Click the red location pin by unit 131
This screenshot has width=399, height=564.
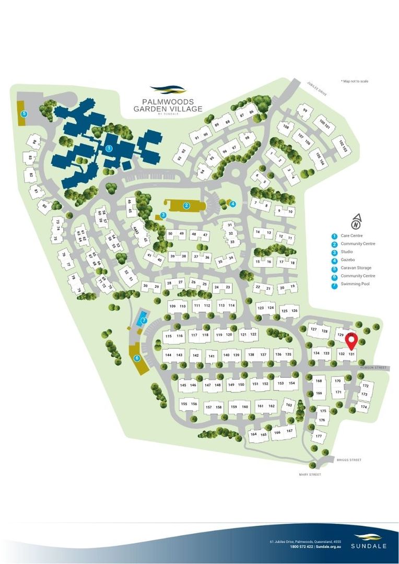pos(351,340)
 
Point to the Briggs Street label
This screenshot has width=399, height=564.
pos(349,460)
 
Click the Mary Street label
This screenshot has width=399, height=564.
pos(310,474)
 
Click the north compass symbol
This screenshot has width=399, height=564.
pos(356,222)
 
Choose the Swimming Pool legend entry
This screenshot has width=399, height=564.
pos(357,284)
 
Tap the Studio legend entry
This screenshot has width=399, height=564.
pos(347,252)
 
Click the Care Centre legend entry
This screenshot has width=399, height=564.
pos(351,236)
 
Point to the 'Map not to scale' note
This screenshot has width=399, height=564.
pos(355,81)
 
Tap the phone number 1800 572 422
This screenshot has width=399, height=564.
pos(301,546)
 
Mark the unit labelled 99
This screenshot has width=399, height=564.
pos(305,111)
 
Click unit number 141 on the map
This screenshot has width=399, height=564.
pos(212,356)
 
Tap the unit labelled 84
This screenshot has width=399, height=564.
pos(34,142)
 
